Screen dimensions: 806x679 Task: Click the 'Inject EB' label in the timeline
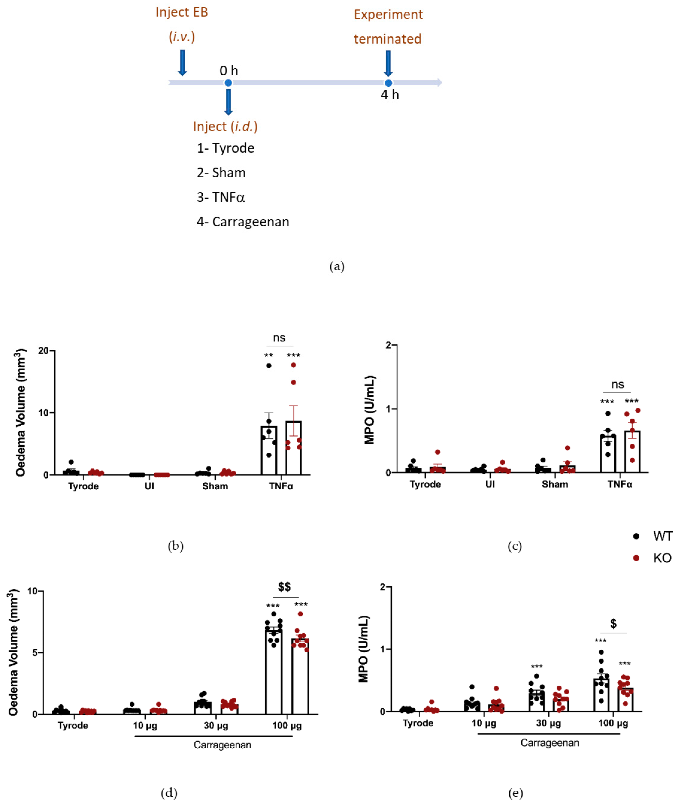click(x=182, y=12)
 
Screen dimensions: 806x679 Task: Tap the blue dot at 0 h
click(x=228, y=83)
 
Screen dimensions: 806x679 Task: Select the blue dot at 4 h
click(x=388, y=83)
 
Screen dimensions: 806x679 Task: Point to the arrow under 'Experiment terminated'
click(x=388, y=63)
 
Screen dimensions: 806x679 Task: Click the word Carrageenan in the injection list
click(x=250, y=222)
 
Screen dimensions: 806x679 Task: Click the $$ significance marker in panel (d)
click(x=284, y=587)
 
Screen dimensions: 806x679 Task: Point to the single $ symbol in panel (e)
click(x=613, y=623)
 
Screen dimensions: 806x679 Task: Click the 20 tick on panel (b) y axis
click(x=44, y=351)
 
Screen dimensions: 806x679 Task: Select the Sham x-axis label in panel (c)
click(x=555, y=484)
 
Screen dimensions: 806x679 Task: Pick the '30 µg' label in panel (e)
click(x=549, y=723)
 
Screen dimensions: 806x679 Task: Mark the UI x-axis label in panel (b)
click(x=149, y=486)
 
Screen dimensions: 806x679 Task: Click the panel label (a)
click(x=337, y=266)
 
